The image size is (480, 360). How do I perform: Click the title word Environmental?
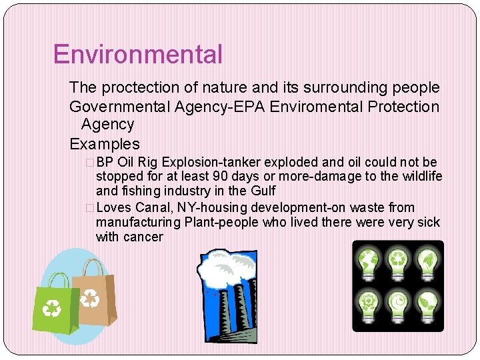click(137, 55)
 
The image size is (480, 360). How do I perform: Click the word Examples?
click(105, 144)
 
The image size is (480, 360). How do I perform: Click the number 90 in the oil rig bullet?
click(219, 177)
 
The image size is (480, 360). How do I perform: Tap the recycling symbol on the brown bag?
click(89, 298)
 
